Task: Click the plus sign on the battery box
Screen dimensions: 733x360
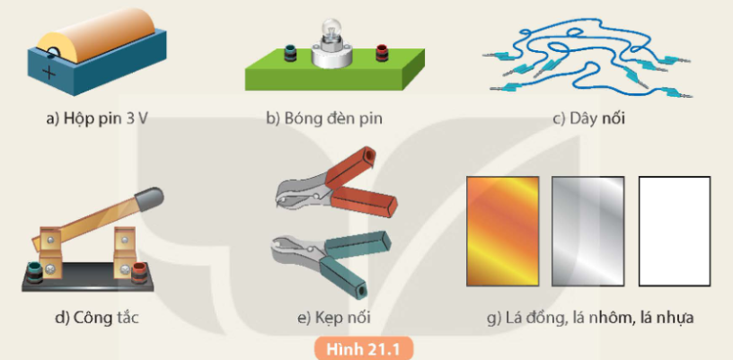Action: [49, 74]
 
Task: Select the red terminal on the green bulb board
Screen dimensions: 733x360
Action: [382, 53]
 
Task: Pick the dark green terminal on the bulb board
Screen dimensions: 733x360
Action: [290, 53]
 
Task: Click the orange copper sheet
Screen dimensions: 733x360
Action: [502, 231]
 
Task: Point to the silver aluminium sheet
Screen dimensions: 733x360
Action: [587, 231]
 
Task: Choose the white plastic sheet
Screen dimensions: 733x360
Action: [674, 231]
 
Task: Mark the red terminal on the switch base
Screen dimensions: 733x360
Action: [139, 272]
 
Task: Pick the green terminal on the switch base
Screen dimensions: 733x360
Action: [35, 272]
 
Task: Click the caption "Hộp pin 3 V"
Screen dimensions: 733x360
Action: [97, 119]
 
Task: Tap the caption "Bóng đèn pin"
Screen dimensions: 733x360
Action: [324, 119]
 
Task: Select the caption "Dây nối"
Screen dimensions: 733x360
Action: [588, 119]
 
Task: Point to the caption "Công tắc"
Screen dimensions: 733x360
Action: [97, 319]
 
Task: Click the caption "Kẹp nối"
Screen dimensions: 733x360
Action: [334, 319]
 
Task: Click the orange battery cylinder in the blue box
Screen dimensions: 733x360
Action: [96, 35]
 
